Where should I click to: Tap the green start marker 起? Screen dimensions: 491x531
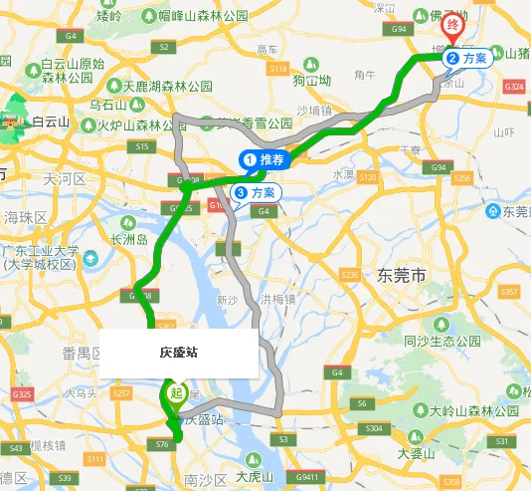pos(176,392)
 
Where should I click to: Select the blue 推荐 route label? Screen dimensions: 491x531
pos(264,159)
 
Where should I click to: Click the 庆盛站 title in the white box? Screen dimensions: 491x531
pos(179,353)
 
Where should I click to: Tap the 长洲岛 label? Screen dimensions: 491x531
pos(129,240)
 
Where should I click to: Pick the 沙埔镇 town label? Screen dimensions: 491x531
pos(313,111)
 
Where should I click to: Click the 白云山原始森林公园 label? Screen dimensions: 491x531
pos(72,71)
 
